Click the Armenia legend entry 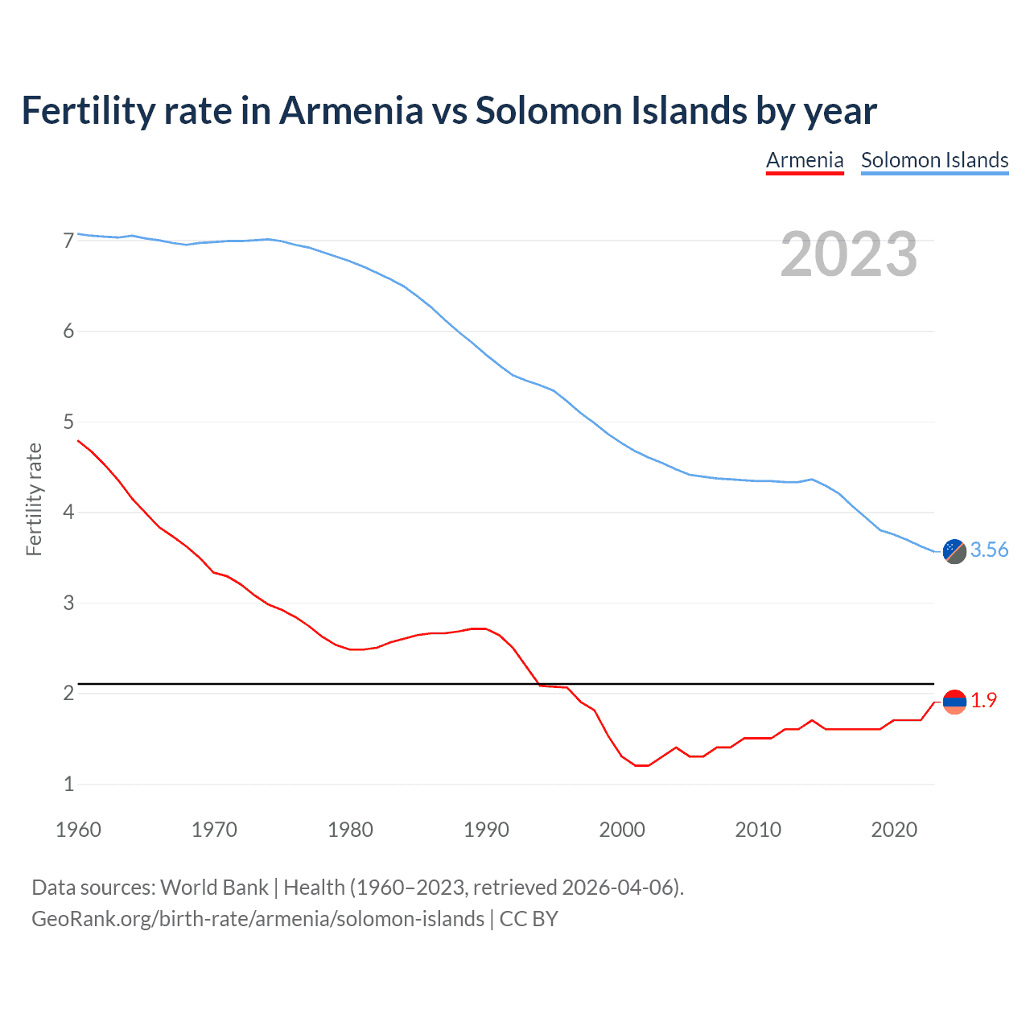(804, 160)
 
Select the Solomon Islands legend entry (934, 160)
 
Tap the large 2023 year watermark (849, 254)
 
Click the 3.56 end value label (989, 550)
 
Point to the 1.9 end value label (983, 701)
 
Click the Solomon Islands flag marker (954, 551)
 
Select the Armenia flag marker (954, 702)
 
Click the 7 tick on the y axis (68, 241)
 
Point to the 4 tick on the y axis (68, 513)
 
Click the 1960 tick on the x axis (78, 830)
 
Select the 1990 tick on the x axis (486, 830)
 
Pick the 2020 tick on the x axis (894, 830)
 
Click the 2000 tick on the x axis (622, 830)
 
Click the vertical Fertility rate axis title (34, 499)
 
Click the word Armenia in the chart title (351, 110)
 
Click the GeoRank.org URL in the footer (257, 919)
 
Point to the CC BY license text (529, 919)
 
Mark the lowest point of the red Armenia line (641, 765)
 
